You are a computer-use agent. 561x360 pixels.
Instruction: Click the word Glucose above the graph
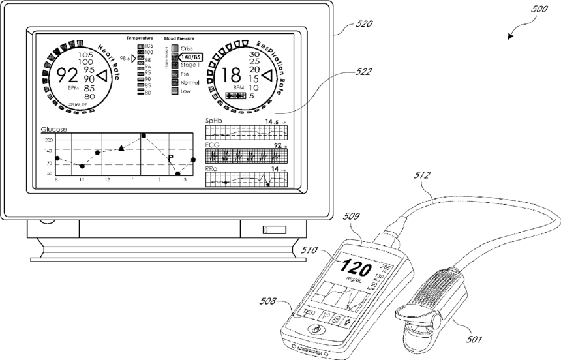(x=53, y=129)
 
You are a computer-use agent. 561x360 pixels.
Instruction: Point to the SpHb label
(x=213, y=121)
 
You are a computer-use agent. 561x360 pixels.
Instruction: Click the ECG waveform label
(x=213, y=145)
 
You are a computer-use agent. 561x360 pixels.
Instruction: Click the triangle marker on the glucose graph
(x=121, y=149)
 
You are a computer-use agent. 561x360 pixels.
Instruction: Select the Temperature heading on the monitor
(x=140, y=38)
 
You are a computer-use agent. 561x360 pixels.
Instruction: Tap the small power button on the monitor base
(x=267, y=229)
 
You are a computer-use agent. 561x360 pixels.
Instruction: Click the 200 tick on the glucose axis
(x=48, y=140)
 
